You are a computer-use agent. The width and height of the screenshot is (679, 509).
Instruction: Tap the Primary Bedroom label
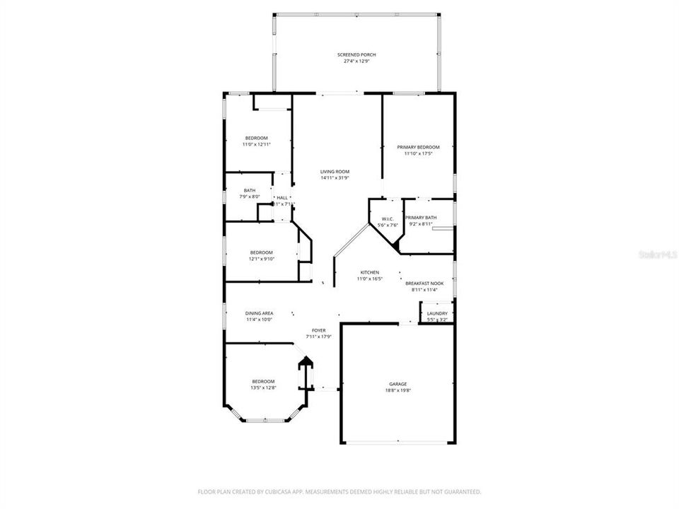[x=418, y=147]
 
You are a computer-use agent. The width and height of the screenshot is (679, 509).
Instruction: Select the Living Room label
[x=335, y=172]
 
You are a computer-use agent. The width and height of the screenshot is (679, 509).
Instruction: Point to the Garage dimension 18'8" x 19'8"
[x=397, y=390]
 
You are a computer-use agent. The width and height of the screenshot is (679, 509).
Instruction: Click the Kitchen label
[x=370, y=272]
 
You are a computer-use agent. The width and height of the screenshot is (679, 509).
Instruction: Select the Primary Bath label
[x=421, y=218]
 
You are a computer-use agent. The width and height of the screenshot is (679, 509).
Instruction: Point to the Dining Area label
[x=259, y=313]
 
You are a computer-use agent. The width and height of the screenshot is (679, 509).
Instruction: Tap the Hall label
[x=282, y=198]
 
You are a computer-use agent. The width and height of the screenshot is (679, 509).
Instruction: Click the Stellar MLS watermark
[x=658, y=252]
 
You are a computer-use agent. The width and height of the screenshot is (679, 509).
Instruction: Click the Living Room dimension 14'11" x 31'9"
[x=335, y=178]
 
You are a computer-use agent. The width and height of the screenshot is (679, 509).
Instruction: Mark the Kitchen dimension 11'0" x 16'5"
[x=370, y=279]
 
